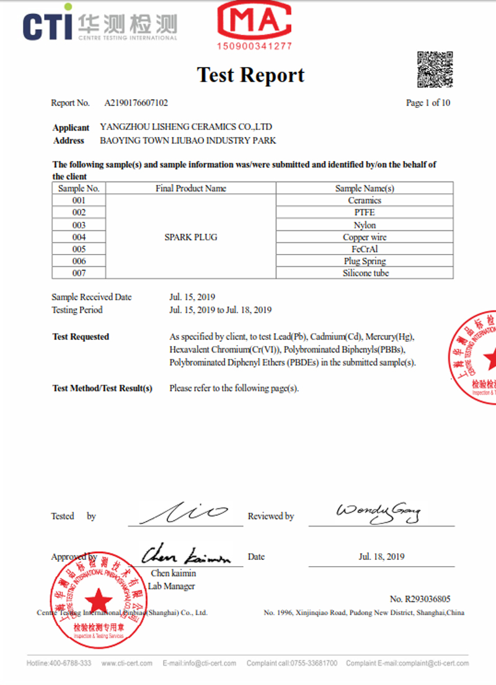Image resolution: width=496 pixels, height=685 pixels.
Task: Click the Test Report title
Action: coord(250,75)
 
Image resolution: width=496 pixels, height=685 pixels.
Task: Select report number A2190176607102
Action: coord(136,103)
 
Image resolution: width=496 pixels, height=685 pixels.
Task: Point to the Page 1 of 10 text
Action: coord(428,103)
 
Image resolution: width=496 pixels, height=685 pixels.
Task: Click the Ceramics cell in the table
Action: coord(365,201)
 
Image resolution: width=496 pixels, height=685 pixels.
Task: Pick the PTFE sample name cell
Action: coord(365,212)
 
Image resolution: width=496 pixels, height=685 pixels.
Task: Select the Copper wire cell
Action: coord(365,237)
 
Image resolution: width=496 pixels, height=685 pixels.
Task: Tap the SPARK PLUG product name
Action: coord(190,237)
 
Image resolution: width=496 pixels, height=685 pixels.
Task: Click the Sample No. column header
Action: coord(79,188)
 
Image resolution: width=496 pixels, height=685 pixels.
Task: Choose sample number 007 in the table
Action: coord(79,273)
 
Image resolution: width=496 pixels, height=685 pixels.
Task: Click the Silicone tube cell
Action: coord(365,273)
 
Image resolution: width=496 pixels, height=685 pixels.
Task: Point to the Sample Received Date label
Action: coord(91,297)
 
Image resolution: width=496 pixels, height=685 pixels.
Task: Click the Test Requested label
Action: coord(81,337)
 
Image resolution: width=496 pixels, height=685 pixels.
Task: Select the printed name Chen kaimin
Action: coord(173,574)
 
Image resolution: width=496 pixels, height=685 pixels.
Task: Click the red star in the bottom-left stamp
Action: coord(99,599)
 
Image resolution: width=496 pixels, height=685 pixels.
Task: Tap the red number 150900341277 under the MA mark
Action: coord(254,46)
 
